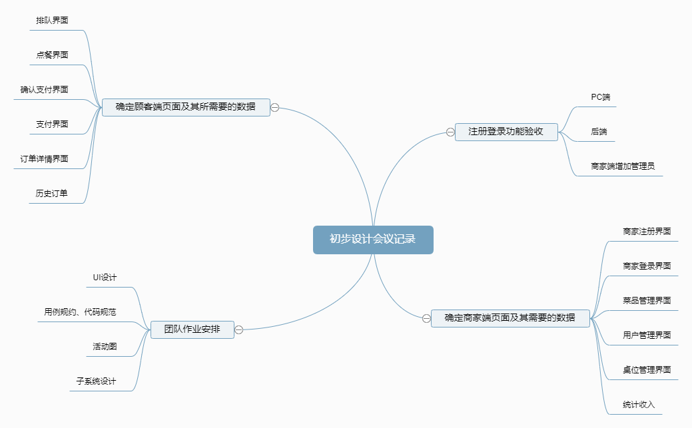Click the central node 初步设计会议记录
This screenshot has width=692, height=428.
[x=373, y=240]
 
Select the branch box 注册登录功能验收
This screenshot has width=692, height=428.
[x=506, y=131]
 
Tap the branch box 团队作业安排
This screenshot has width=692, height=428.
[x=192, y=329]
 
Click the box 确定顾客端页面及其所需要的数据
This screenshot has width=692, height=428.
[x=186, y=107]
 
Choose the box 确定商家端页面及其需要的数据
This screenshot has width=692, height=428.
[x=510, y=318]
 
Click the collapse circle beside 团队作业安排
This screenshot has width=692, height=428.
[x=239, y=329]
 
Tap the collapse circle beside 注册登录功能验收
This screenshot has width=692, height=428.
[x=450, y=132]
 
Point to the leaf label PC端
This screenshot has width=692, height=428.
[x=600, y=97]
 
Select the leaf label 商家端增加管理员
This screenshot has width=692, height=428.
[x=623, y=166]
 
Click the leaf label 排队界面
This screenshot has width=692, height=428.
[x=52, y=21]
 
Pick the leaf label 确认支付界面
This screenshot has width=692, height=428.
[x=45, y=90]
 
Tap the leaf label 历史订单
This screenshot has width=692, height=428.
[x=52, y=194]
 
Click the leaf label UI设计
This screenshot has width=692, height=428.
[x=105, y=278]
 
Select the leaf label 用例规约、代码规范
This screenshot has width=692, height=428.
[x=81, y=312]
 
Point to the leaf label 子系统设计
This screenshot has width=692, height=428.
[x=96, y=381]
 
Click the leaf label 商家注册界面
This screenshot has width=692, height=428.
[x=647, y=232]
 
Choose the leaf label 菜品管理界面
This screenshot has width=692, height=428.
[x=647, y=301]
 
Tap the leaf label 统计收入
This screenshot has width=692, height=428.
[x=639, y=405]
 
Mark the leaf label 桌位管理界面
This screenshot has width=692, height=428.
[x=647, y=370]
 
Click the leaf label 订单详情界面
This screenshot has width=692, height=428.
[x=45, y=159]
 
